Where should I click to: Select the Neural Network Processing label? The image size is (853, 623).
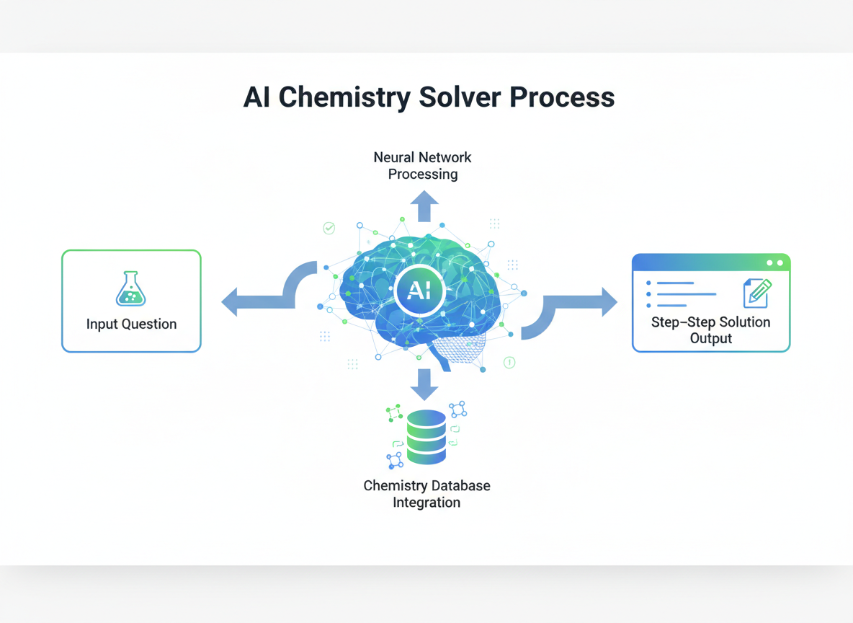point(422,166)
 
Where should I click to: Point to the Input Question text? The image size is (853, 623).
point(131,324)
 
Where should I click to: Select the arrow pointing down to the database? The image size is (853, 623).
point(424,385)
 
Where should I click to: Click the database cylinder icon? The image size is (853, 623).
point(426,437)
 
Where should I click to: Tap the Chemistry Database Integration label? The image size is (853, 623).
point(426,494)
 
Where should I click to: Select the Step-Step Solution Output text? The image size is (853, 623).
point(710,330)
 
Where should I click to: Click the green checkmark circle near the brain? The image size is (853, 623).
point(329,229)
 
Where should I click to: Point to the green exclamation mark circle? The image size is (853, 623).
point(509,363)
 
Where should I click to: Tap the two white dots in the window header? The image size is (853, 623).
point(774,263)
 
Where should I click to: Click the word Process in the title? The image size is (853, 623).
point(562,97)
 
